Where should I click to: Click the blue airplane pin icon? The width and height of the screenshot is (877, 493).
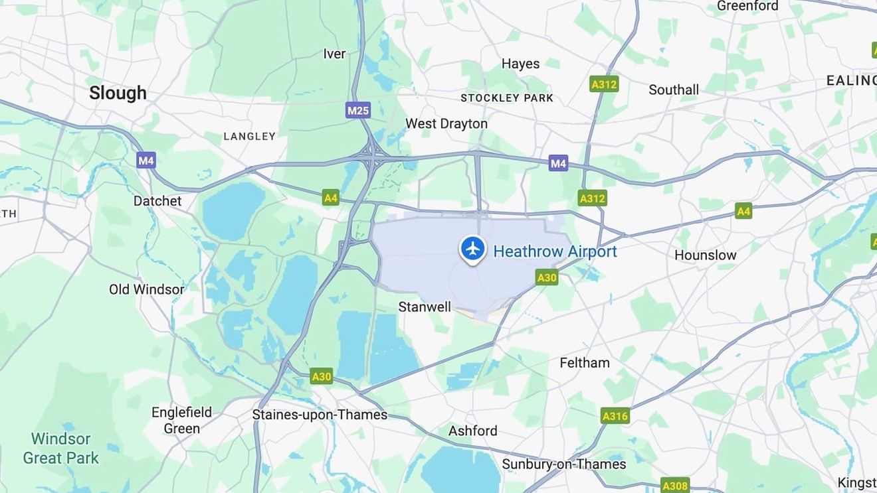(472, 249)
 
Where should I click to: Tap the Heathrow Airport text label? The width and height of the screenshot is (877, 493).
(555, 251)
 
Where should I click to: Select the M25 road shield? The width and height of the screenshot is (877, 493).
(357, 110)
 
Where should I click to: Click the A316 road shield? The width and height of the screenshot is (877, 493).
(615, 416)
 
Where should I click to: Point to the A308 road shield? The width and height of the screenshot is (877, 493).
(675, 486)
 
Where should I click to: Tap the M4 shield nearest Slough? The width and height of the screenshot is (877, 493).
(146, 160)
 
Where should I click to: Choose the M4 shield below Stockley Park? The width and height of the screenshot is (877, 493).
(558, 163)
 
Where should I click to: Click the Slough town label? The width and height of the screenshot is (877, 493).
(118, 93)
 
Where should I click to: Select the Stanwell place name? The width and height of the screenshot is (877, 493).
(425, 307)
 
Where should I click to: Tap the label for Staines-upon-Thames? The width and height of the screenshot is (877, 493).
(320, 415)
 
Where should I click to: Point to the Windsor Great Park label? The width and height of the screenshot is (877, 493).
(60, 449)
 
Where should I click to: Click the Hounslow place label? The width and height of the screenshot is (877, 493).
(705, 255)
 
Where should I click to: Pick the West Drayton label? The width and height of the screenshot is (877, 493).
(446, 123)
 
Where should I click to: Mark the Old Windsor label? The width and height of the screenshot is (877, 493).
(146, 289)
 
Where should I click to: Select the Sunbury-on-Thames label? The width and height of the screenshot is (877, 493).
(563, 464)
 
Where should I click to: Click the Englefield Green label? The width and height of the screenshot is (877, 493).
(181, 420)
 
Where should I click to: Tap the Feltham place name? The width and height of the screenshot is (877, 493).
(584, 362)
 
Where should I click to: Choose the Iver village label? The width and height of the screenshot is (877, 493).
(334, 54)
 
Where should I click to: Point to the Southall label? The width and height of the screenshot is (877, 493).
(673, 90)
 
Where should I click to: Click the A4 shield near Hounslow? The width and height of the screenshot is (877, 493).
(743, 211)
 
